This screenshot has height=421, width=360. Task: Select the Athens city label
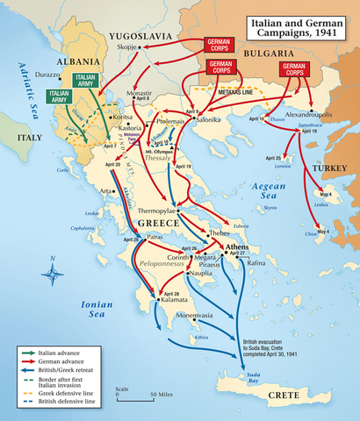tap(237, 248)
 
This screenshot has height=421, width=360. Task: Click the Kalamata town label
tap(176, 301)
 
